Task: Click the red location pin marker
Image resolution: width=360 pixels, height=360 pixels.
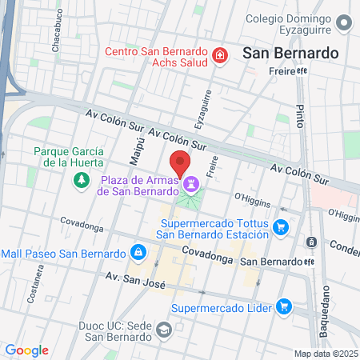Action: pos(180,162)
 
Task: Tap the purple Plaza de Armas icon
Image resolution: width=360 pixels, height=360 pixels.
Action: pos(190,185)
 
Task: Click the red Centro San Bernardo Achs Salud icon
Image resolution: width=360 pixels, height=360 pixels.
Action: pos(218,55)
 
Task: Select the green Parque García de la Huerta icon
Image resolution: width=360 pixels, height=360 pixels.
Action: pos(81,181)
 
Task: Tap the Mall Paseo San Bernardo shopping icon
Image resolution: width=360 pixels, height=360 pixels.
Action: pos(138,253)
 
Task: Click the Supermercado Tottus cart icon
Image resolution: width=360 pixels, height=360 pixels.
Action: pos(280,228)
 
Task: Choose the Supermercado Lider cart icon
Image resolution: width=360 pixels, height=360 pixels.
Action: pos(282,306)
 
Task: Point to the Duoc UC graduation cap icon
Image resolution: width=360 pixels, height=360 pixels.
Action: pos(163,330)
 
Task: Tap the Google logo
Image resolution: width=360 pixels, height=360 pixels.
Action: pos(26,350)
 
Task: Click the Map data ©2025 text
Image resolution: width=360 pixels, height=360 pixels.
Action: pos(326,354)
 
